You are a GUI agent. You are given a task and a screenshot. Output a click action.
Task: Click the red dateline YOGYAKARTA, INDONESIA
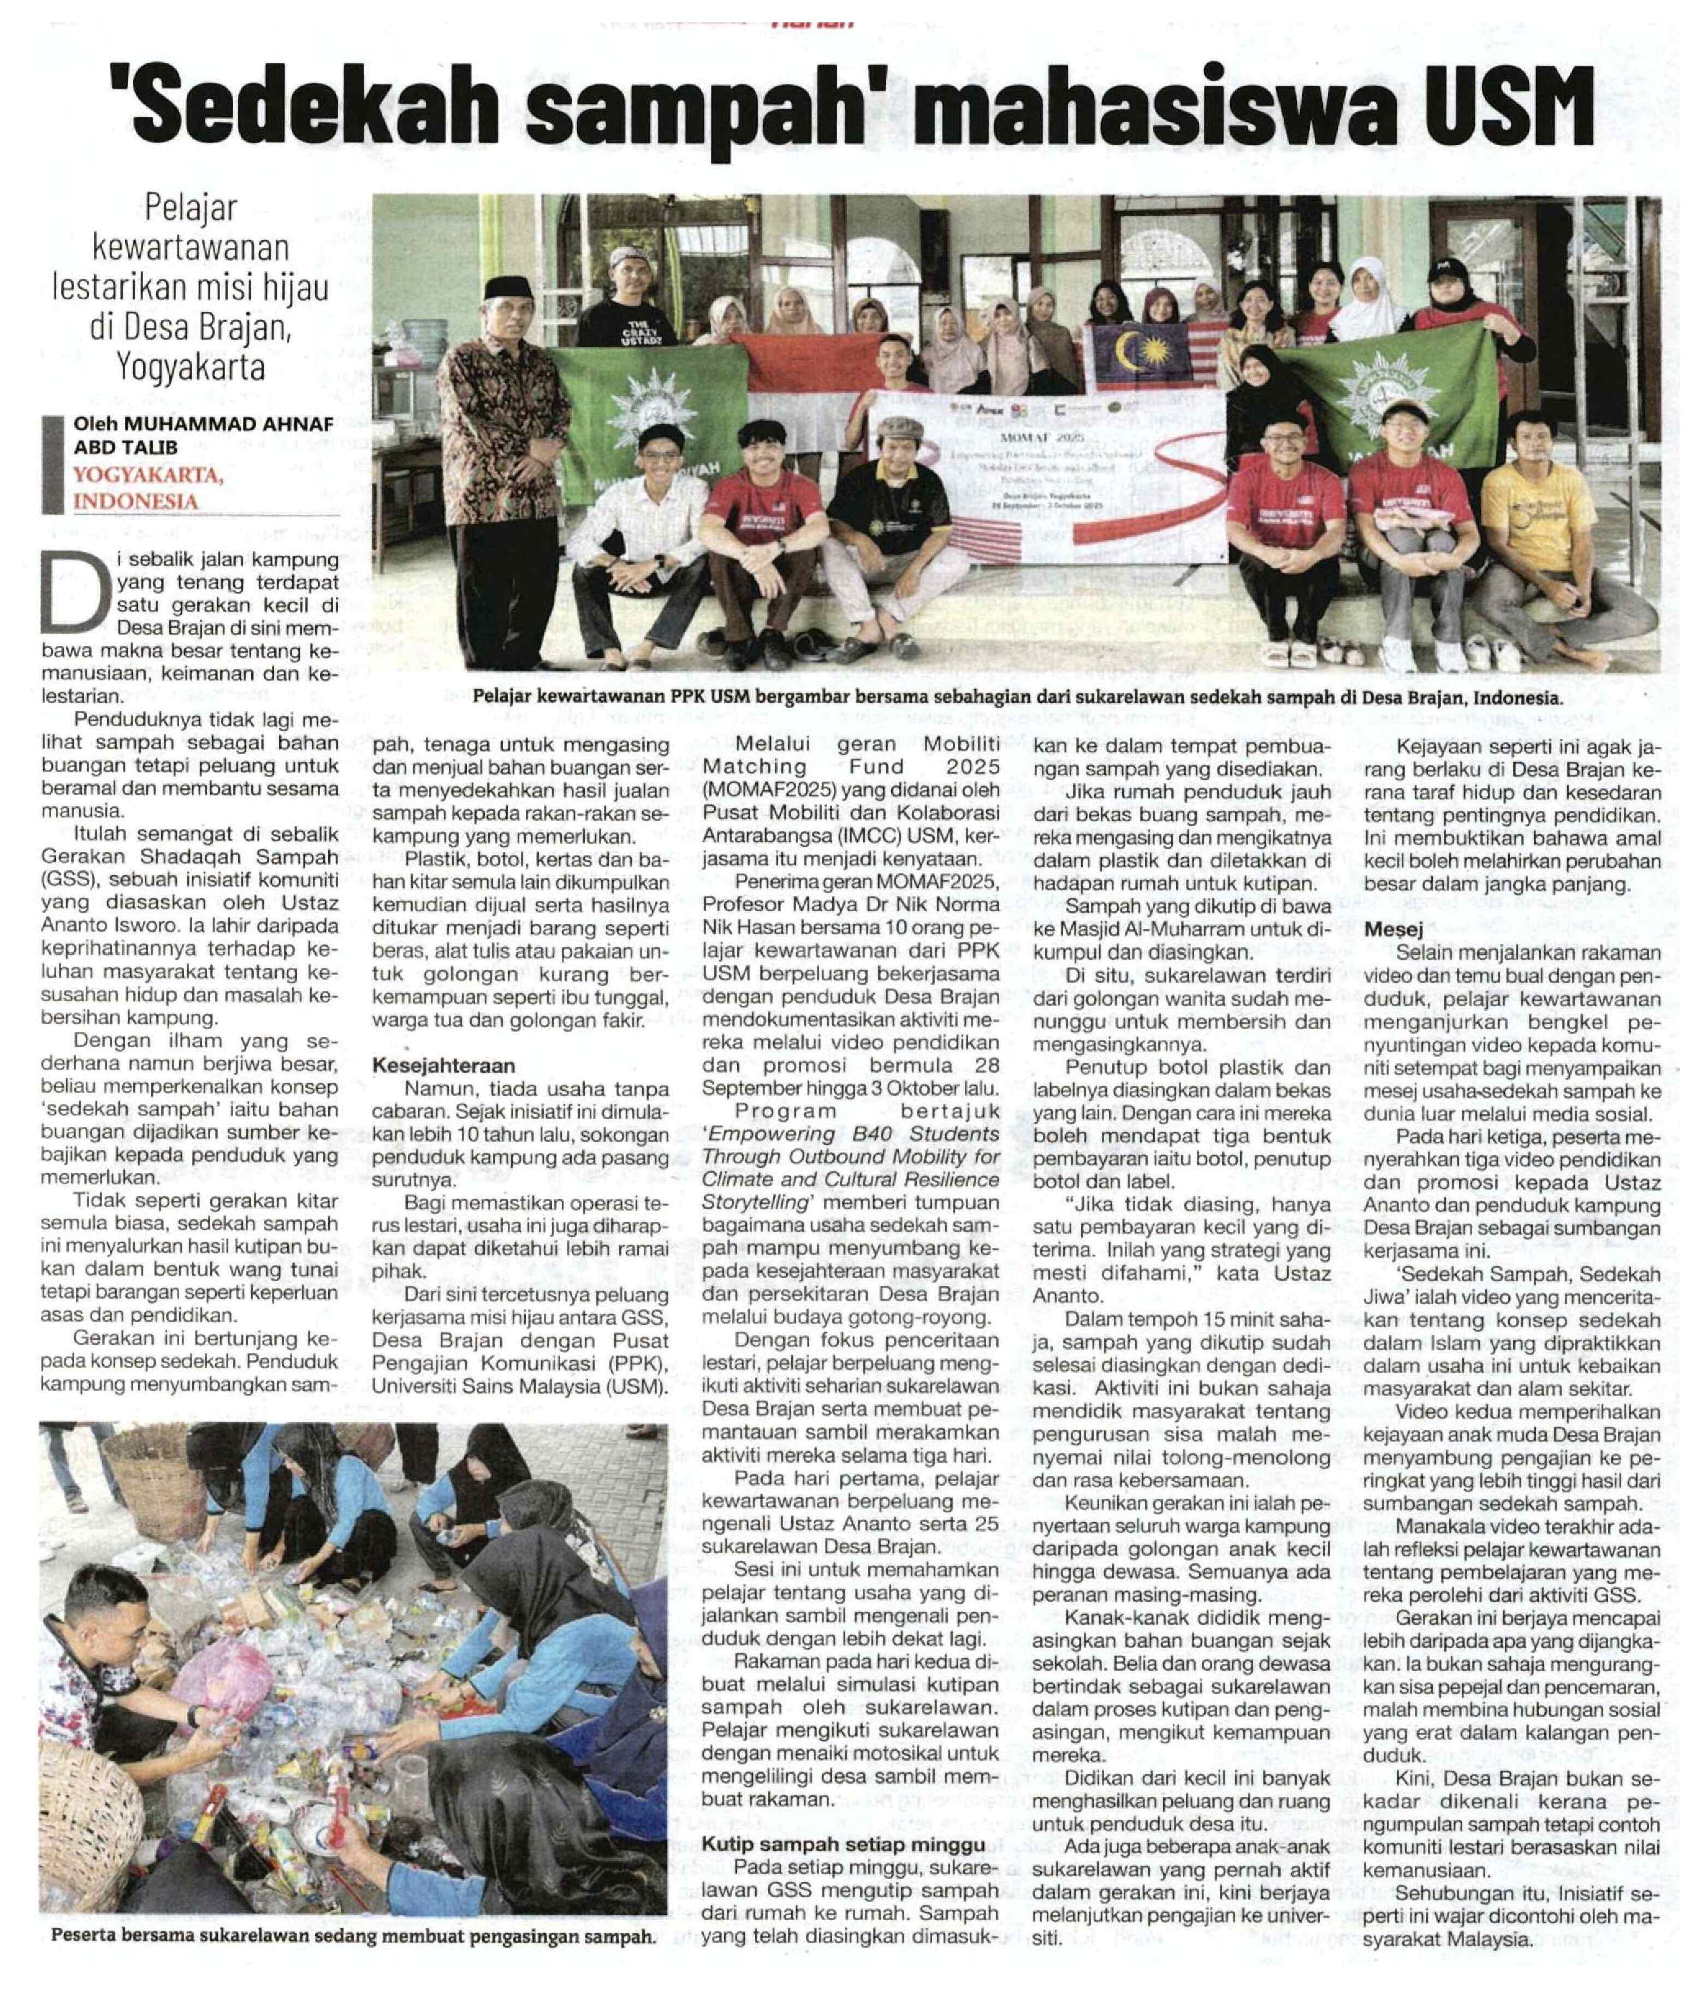pyautogui.click(x=148, y=488)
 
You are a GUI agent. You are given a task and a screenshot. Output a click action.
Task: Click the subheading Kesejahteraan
pyautogui.click(x=443, y=1066)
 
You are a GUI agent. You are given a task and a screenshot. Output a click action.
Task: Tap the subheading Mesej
pyautogui.click(x=1394, y=929)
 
